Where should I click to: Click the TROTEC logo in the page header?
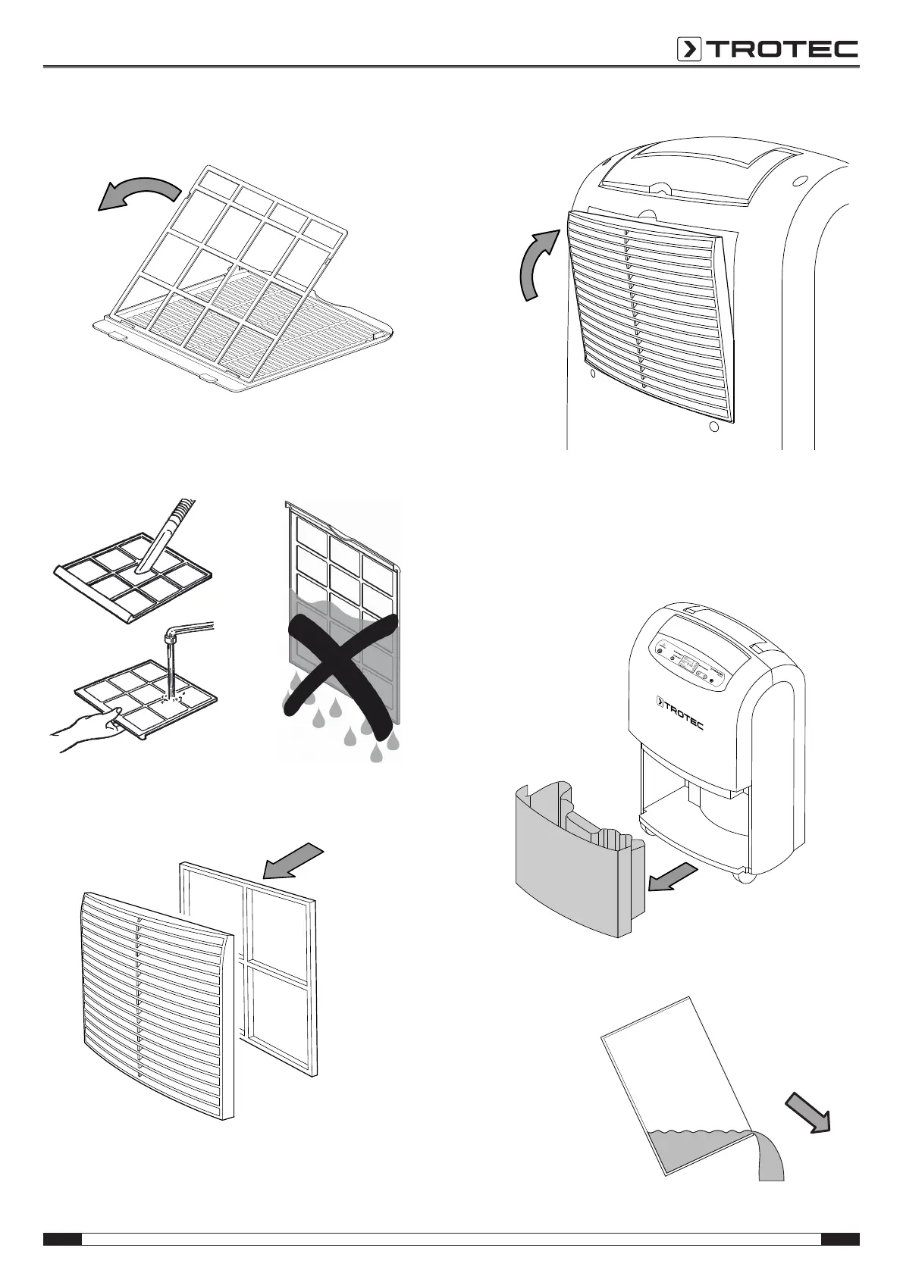[767, 49]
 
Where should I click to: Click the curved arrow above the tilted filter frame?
[141, 192]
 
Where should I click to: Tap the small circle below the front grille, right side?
[713, 427]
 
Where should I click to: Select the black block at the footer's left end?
[62, 1239]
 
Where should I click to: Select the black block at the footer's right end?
[840, 1239]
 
